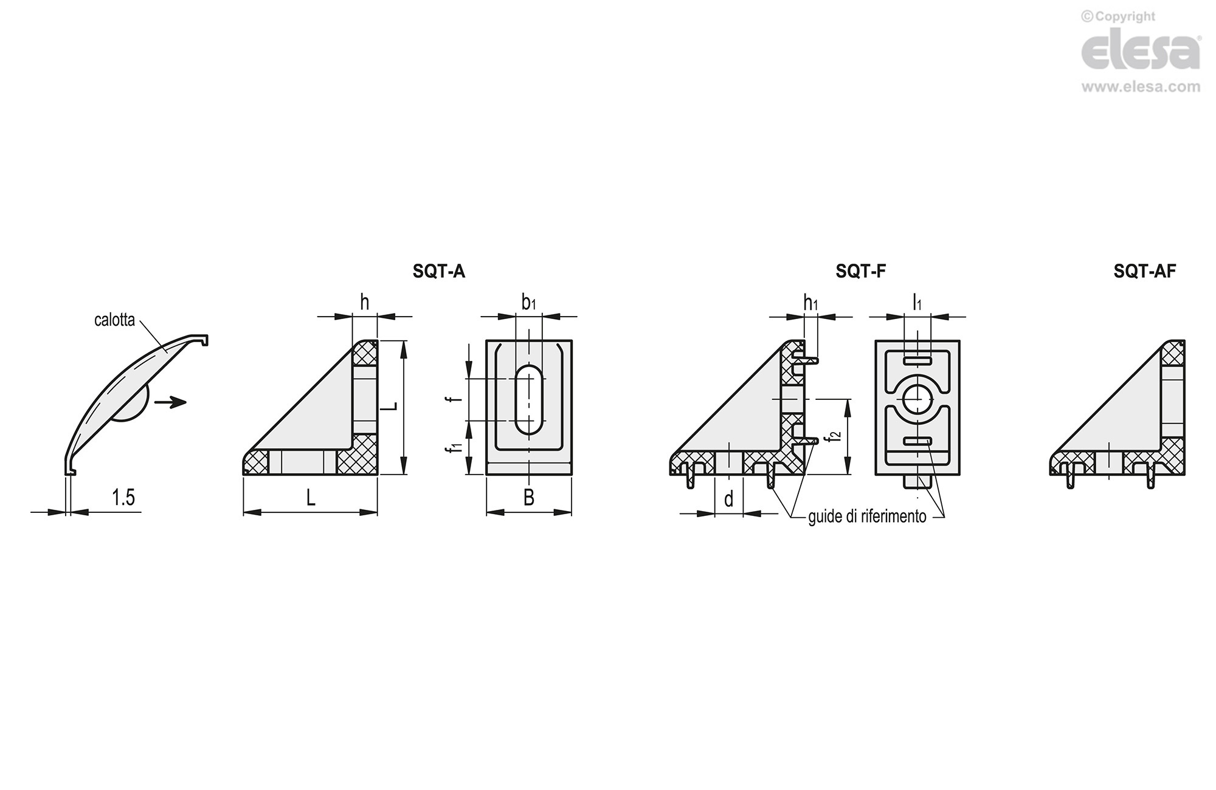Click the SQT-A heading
438,271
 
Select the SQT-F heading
860,271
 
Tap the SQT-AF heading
1144,271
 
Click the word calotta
114,320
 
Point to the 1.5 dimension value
123,498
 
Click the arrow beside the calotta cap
170,402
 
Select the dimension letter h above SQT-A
365,302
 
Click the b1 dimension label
529,302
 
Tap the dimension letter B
529,498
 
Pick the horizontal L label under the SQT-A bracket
311,498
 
